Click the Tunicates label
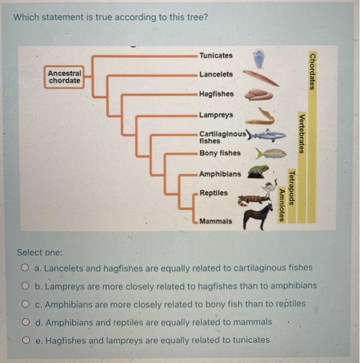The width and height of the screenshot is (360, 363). click(x=216, y=55)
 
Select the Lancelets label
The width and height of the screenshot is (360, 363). click(x=216, y=74)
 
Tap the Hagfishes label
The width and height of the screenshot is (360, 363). click(x=217, y=94)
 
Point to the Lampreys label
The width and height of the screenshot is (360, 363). click(x=216, y=115)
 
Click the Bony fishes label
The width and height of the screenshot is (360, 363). click(x=220, y=153)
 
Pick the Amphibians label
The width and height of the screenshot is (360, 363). click(x=220, y=174)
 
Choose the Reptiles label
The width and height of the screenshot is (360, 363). click(x=213, y=193)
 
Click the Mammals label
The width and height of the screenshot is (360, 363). click(x=216, y=221)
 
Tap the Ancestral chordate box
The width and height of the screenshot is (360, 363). click(x=65, y=77)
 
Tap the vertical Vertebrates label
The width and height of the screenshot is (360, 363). click(x=302, y=133)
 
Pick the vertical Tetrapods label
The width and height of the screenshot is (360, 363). click(x=292, y=188)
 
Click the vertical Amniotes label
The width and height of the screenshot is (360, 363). click(x=282, y=205)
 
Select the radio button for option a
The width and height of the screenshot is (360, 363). click(x=25, y=268)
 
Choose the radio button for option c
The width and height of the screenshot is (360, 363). click(x=25, y=304)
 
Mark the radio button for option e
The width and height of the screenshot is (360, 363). click(x=25, y=340)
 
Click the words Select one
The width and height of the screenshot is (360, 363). click(x=39, y=253)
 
